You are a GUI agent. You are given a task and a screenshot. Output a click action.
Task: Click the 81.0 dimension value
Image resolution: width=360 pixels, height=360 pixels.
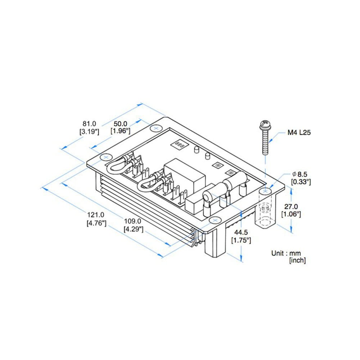(x=89, y=124)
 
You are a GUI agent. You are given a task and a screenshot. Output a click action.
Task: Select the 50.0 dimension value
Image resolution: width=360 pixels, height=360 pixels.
(x=121, y=124)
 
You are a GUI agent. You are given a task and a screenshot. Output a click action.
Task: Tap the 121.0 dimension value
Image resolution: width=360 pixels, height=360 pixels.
(x=96, y=215)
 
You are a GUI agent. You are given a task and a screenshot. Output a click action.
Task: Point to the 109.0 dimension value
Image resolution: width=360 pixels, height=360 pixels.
(x=133, y=221)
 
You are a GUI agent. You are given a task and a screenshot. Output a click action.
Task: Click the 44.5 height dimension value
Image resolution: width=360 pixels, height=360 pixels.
(x=241, y=232)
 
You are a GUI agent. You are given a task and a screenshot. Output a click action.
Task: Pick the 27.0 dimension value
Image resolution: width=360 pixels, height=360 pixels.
(x=291, y=206)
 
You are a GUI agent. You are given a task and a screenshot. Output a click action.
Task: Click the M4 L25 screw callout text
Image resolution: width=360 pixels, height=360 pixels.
(x=299, y=132)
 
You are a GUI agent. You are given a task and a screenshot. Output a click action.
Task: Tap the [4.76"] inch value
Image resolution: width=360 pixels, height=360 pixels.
(x=96, y=223)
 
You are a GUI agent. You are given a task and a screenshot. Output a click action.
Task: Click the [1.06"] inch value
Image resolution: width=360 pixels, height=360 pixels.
(x=291, y=214)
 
